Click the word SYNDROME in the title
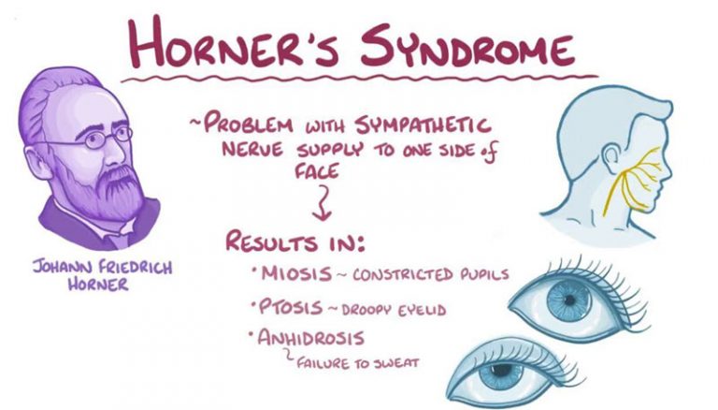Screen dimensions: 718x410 click(467, 45)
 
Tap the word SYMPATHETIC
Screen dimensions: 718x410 click(424, 124)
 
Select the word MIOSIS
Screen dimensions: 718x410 click(296, 273)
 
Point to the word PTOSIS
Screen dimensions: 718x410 click(292, 306)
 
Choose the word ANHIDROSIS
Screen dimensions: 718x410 click(310, 338)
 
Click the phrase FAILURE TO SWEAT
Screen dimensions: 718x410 click(358, 364)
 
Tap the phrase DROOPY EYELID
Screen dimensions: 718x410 click(394, 310)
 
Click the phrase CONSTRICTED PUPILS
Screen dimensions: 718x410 click(431, 274)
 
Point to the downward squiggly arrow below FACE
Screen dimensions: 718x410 click(323, 202)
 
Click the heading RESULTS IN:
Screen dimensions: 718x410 click(295, 242)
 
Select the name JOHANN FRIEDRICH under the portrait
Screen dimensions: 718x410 click(102, 267)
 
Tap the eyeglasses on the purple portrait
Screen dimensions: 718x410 click(98, 138)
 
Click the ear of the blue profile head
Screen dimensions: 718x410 click(611, 159)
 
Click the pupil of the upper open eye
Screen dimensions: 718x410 click(569, 300)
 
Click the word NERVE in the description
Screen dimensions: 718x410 click(252, 150)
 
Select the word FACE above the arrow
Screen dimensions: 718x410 click(316, 171)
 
